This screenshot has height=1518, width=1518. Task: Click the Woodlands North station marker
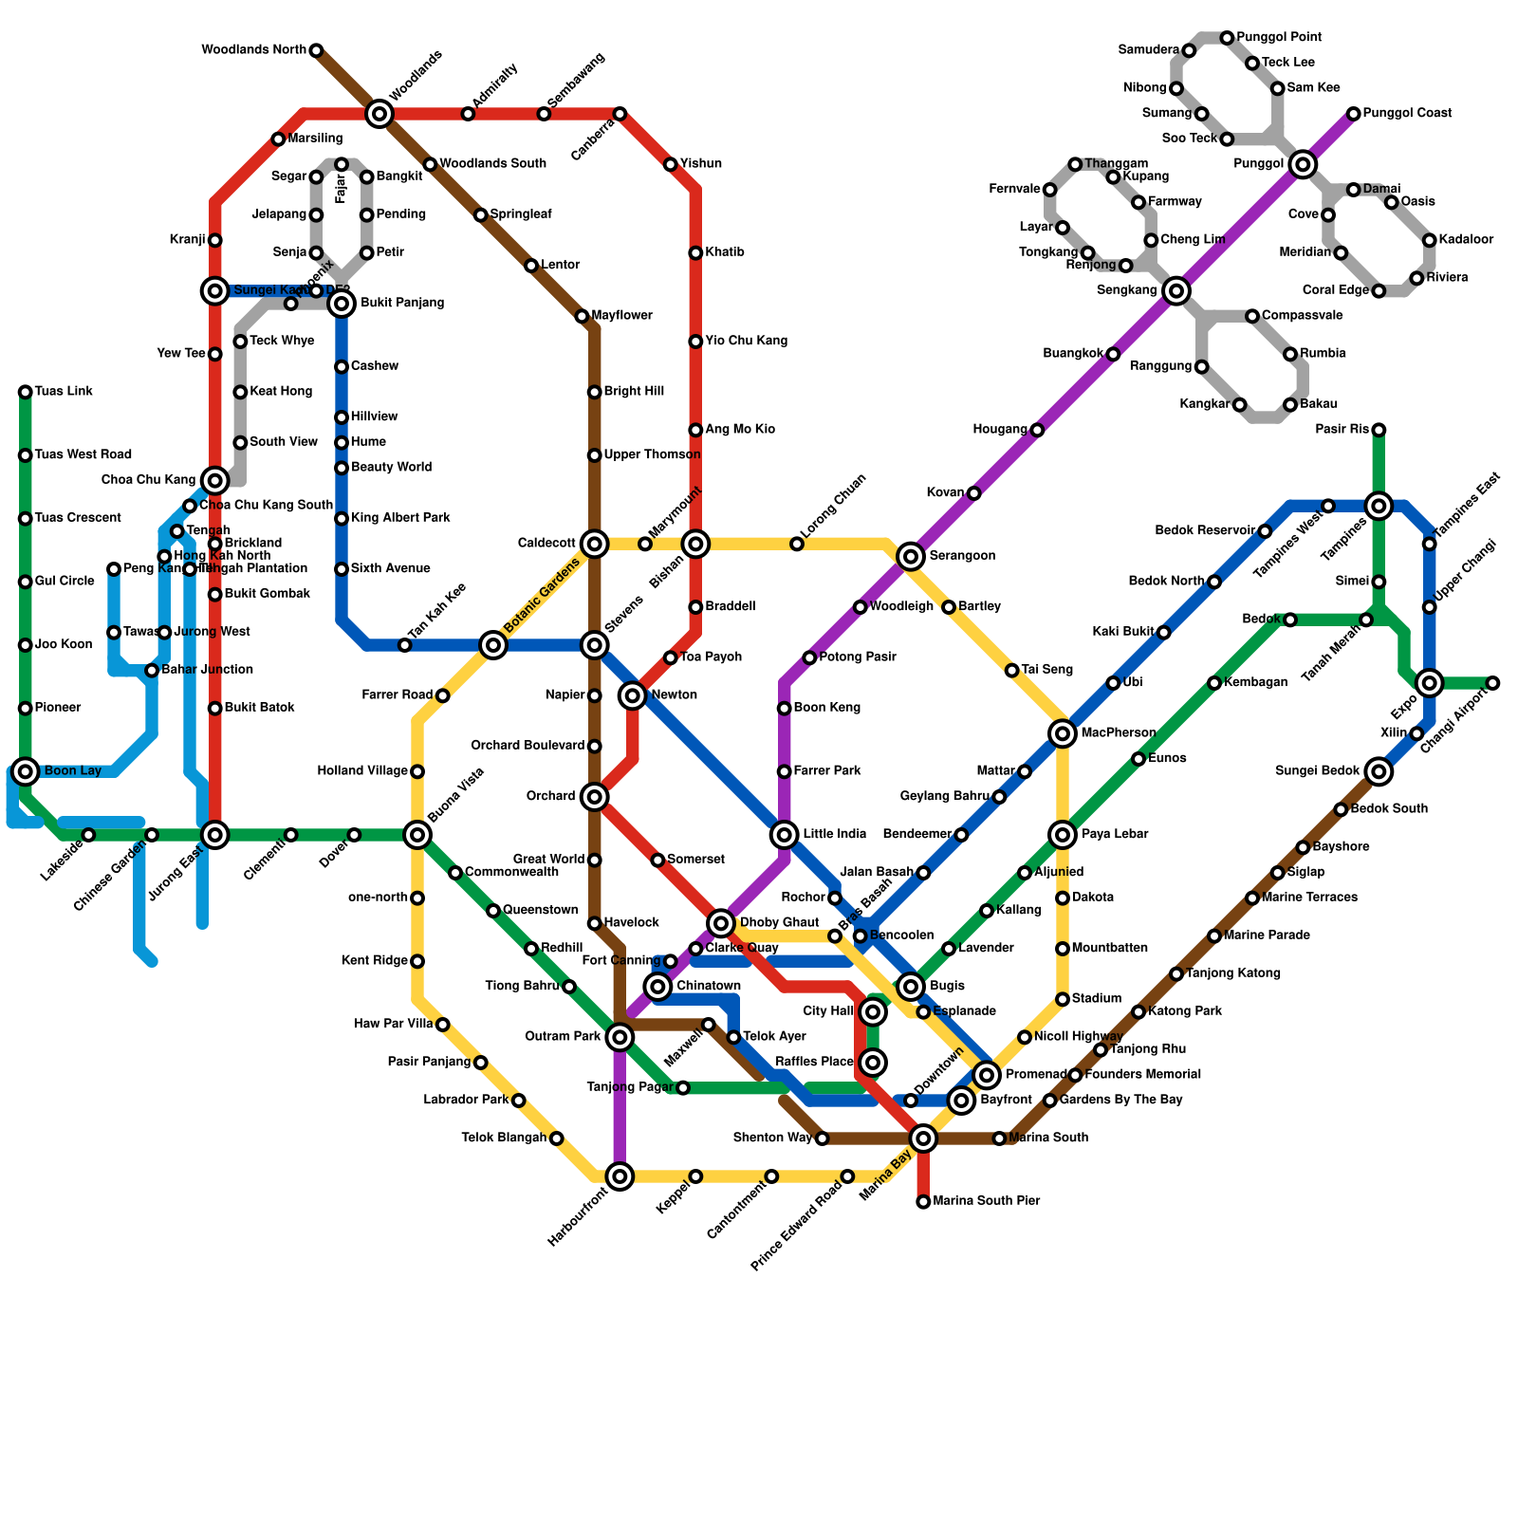[x=316, y=50]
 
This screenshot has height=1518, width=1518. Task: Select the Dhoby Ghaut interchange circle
[x=721, y=922]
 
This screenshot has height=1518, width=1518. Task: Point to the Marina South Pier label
[x=986, y=1201]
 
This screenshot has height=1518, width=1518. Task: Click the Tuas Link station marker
[x=26, y=392]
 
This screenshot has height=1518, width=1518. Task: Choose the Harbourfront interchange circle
[x=620, y=1176]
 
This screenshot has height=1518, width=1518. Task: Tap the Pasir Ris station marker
[x=1379, y=431]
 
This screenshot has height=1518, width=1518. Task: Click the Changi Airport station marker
[x=1492, y=683]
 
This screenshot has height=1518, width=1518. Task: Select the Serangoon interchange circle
[x=911, y=556]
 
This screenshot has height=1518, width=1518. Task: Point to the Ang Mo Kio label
[x=740, y=430]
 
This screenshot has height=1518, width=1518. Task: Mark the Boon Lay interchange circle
[x=26, y=770]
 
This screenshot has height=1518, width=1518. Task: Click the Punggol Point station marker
[x=1227, y=38]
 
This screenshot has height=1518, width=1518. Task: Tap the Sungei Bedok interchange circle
[x=1379, y=771]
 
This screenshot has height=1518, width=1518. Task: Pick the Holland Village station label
[x=362, y=771]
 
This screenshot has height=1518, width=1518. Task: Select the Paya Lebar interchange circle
[x=1063, y=835]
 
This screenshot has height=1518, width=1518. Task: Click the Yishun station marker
[x=671, y=165]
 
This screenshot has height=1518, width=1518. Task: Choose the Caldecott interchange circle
[x=595, y=544]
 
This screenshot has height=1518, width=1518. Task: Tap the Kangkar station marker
[x=1239, y=405]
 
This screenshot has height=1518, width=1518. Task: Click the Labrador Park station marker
[x=518, y=1101]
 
